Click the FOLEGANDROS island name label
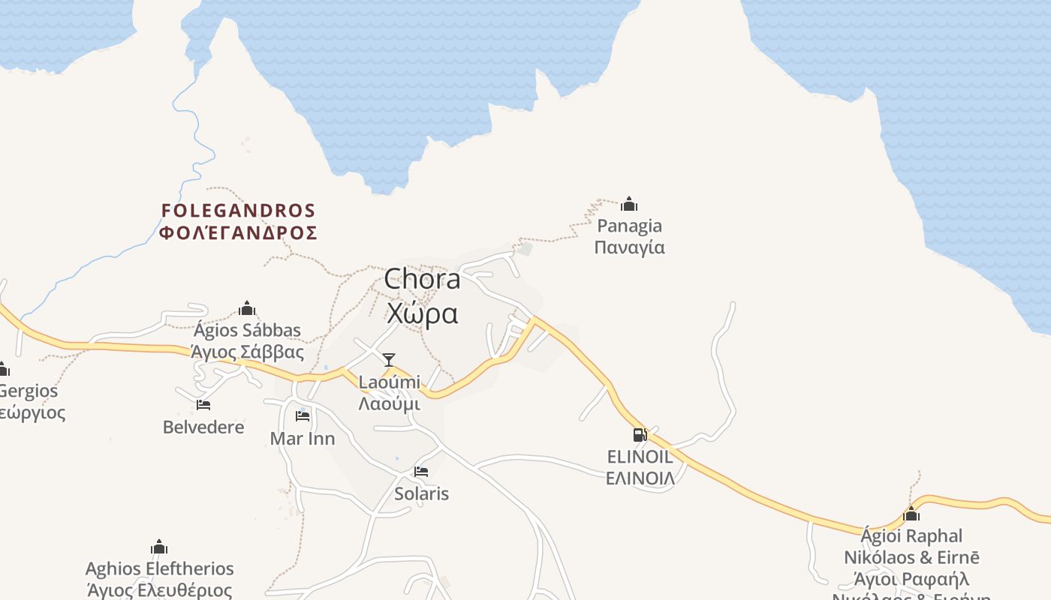[238, 210]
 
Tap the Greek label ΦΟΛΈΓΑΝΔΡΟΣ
[238, 232]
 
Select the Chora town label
[422, 280]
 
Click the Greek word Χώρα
[422, 313]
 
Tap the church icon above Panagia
[629, 204]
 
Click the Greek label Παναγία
[629, 247]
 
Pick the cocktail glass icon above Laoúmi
[389, 360]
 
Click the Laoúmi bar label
[389, 382]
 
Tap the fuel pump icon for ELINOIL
[640, 434]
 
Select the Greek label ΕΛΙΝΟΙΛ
[640, 478]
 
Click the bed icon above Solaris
[421, 472]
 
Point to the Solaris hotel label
[421, 493]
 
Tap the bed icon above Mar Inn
[303, 416]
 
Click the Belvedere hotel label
[203, 427]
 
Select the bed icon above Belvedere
[203, 405]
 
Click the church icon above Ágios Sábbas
[247, 308]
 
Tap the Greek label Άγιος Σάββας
[247, 352]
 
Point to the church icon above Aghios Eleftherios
[159, 547]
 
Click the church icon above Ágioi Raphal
[911, 514]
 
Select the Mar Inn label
[303, 438]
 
